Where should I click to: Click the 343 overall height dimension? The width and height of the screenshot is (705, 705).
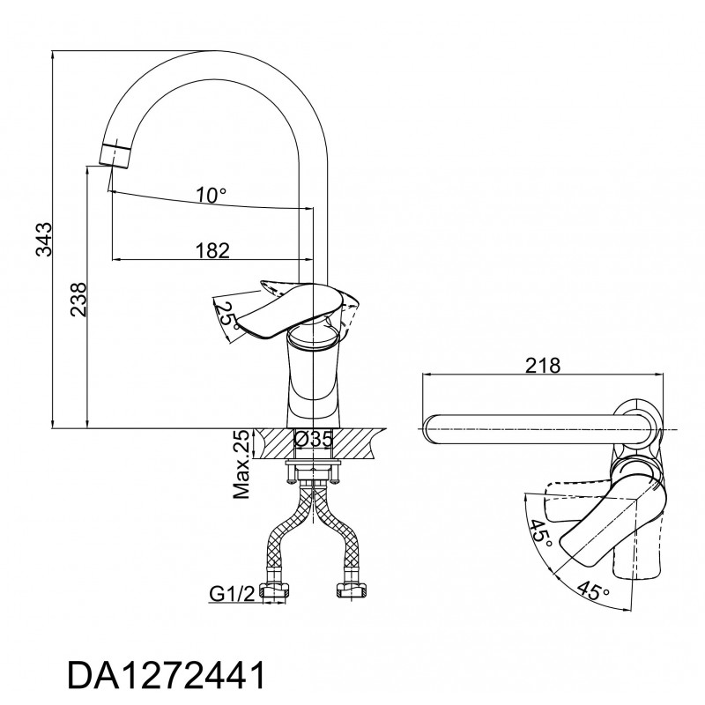45,239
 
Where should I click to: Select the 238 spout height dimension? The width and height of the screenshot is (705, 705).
78,300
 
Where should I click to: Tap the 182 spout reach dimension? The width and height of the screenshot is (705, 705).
212,250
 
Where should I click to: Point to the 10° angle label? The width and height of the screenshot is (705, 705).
211,195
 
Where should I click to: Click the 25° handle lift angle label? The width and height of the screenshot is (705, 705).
227,315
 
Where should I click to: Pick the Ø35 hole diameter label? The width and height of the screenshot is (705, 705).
313,439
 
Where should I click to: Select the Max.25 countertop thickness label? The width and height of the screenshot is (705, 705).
241,464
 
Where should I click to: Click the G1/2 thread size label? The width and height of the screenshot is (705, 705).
232,594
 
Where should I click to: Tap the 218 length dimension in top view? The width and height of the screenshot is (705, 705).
543,366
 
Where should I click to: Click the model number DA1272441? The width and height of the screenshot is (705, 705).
167,675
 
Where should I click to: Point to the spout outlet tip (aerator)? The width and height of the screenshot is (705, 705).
115,156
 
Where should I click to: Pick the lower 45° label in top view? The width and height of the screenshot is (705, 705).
593,590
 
